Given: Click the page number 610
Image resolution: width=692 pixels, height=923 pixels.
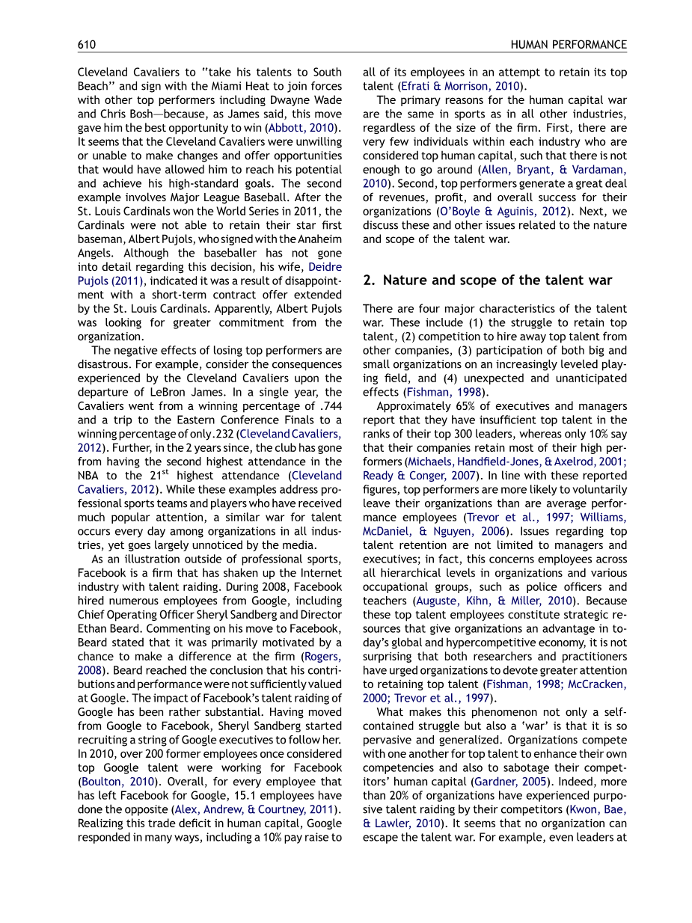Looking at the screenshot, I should pos(87,45).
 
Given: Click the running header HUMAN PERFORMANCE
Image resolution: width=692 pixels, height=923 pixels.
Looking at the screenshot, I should pos(569,45).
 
